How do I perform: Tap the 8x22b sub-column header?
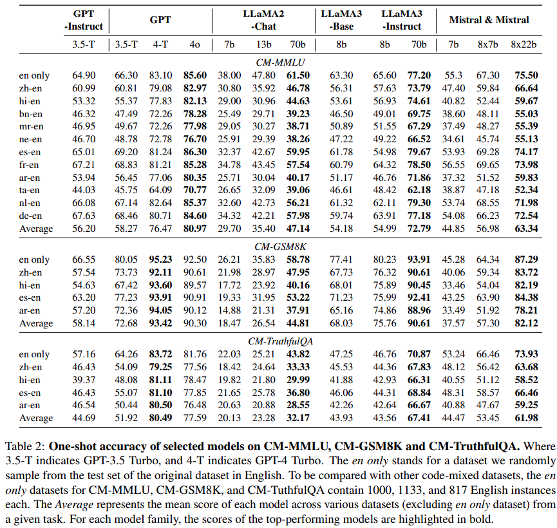tap(525, 44)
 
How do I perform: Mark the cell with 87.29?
tap(525, 259)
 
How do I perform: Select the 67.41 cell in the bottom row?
tap(419, 417)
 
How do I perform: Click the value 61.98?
tap(525, 417)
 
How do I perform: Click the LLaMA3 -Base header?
tap(341, 20)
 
